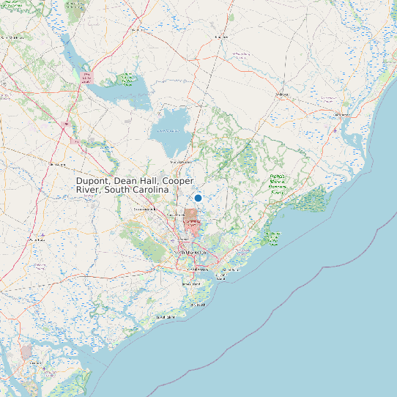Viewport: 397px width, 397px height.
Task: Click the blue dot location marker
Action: point(198,198)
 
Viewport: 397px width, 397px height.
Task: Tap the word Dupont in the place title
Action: point(93,181)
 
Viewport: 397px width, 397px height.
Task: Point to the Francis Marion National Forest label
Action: point(277,182)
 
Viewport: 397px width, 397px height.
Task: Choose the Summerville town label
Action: point(145,209)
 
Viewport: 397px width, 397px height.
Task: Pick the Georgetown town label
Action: point(341,114)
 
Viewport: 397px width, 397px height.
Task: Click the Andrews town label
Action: point(282,94)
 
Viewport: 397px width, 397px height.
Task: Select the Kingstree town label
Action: point(221,36)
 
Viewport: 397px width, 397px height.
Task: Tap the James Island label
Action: point(190,283)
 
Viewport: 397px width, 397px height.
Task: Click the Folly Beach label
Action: point(196,304)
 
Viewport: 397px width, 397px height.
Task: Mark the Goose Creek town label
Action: point(177,214)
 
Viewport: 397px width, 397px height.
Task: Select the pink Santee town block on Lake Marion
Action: point(86,77)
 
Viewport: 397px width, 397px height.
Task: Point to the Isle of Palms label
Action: point(231,270)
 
